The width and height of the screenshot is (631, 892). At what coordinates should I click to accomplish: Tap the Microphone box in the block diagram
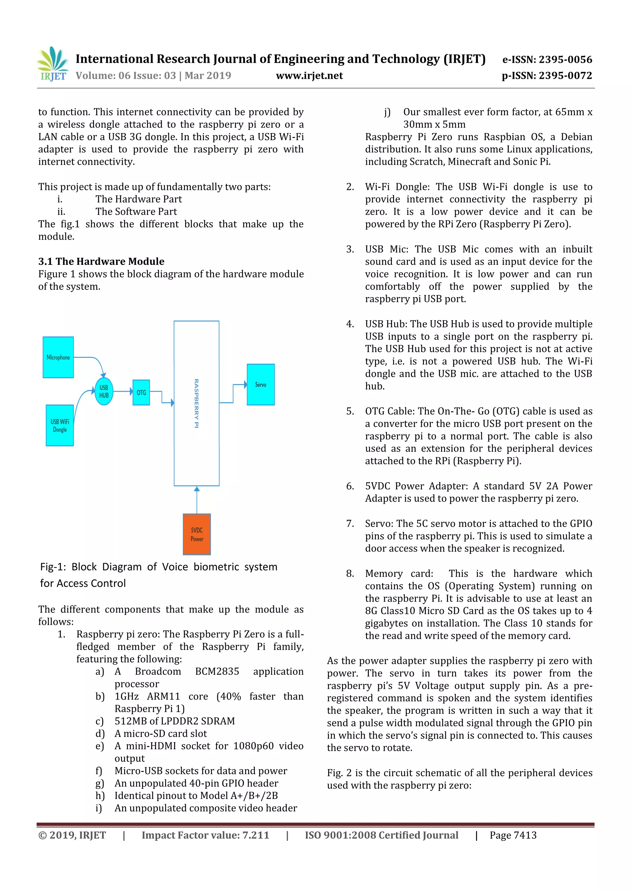pyautogui.click(x=58, y=357)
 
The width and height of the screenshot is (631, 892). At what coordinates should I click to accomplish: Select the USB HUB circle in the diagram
pyautogui.click(x=104, y=391)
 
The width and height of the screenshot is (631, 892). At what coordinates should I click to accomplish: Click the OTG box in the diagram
pyautogui.click(x=141, y=392)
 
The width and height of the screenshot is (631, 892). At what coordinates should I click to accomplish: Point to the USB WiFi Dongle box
pyautogui.click(x=59, y=426)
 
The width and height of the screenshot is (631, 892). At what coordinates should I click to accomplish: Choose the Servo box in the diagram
pyautogui.click(x=260, y=385)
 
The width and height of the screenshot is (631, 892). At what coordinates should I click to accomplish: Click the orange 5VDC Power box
pyautogui.click(x=197, y=534)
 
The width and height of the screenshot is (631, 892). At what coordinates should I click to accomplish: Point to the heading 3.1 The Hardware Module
pyautogui.click(x=101, y=261)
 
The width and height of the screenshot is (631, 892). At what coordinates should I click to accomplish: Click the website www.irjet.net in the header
pyautogui.click(x=309, y=75)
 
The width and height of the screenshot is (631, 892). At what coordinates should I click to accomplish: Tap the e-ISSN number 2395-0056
pyautogui.click(x=565, y=59)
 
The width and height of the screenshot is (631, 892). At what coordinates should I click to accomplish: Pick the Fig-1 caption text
pyautogui.click(x=158, y=575)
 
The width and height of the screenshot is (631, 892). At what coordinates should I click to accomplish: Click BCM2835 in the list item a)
pyautogui.click(x=217, y=671)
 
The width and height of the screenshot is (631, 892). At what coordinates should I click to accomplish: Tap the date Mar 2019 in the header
pyautogui.click(x=208, y=75)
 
